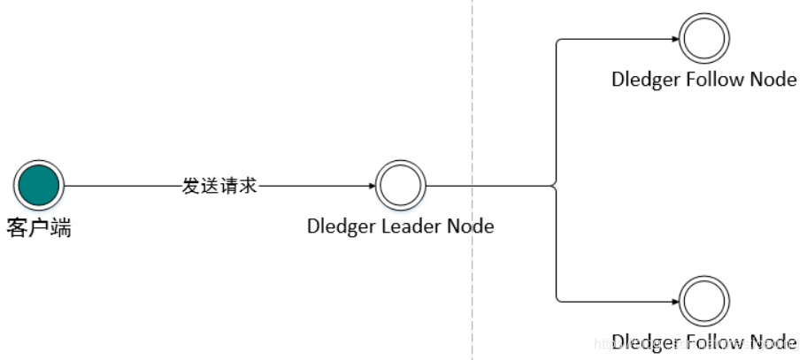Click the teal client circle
click(x=38, y=186)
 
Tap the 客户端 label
click(x=38, y=228)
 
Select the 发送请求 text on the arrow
click(x=219, y=186)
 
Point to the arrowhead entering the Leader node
click(x=370, y=186)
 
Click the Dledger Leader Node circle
click(x=401, y=186)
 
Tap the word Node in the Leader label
click(x=470, y=226)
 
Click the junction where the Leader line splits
click(x=556, y=186)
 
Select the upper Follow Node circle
click(x=704, y=38)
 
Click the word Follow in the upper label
click(x=715, y=79)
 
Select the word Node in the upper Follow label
click(x=773, y=79)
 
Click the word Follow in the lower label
click(x=715, y=342)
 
